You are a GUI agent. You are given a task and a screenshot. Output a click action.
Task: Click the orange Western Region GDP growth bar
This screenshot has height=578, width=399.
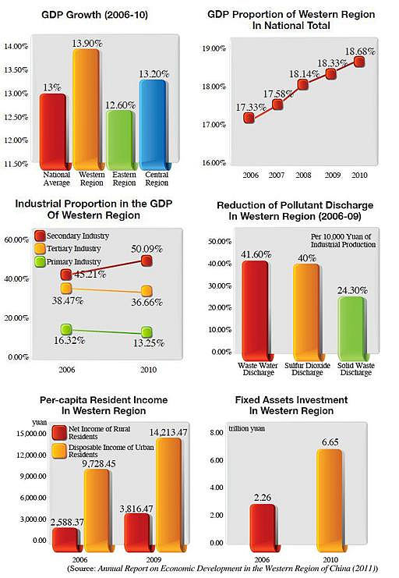point(87,109)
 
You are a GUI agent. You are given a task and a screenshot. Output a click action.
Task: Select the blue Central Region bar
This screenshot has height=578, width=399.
point(153,125)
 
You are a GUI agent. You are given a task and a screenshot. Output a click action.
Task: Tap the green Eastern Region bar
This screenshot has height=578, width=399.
point(119,140)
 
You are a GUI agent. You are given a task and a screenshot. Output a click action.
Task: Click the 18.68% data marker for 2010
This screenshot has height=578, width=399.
point(359,62)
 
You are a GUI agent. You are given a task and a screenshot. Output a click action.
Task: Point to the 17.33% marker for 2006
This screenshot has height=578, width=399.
point(249,118)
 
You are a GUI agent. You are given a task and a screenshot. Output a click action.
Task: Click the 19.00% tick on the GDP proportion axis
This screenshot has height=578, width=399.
point(214,48)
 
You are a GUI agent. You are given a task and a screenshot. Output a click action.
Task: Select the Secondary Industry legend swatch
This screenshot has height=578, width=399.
point(40,236)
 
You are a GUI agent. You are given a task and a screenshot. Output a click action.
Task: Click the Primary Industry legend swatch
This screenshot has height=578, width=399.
point(40,262)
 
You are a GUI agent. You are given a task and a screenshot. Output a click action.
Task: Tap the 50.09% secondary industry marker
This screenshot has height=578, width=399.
point(147,261)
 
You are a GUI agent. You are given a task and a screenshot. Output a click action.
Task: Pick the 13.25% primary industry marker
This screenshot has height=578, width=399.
point(147,332)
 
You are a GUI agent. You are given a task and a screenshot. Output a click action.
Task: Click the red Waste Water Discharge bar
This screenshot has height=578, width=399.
point(256,310)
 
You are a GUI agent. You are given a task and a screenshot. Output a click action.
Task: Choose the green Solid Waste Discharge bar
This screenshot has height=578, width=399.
point(351,328)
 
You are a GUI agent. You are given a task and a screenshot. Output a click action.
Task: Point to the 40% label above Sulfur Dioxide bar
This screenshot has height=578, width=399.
point(307,257)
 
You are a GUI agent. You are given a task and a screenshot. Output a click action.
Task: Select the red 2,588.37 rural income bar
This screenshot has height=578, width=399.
point(65,540)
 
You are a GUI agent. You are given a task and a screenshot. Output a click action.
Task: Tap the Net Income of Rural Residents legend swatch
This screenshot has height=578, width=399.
point(59,433)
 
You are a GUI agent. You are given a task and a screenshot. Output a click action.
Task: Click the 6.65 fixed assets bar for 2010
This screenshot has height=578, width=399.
point(329,501)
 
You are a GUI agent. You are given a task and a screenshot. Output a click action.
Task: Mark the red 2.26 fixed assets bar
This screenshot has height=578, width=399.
point(263,528)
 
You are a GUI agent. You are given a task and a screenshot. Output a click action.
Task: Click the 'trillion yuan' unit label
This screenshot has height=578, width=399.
point(246,429)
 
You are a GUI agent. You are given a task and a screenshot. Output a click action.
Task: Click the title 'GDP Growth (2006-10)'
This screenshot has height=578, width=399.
point(94,15)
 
